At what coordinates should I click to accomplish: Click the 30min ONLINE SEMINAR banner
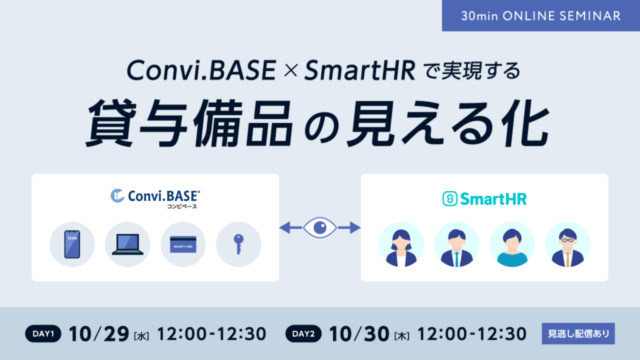coord(541,16)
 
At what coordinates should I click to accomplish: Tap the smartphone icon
coord(72,244)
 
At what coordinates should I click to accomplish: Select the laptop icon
coord(127,244)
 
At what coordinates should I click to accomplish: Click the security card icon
coord(183,244)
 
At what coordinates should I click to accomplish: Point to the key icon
coord(239,244)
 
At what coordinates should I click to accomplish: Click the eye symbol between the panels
coord(320,227)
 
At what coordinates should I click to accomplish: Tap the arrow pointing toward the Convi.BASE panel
coord(291,227)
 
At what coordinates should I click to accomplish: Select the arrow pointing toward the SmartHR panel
coord(349,227)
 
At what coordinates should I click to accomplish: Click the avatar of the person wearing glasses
coord(567,244)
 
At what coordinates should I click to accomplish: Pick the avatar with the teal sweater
coord(512,244)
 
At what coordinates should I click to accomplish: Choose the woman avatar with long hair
coord(401,244)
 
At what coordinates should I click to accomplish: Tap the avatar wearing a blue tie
coord(457,244)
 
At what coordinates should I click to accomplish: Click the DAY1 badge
coord(43,334)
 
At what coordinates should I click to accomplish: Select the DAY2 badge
coord(303,334)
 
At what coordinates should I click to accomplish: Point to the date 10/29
coord(99,334)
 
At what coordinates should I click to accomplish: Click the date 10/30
coord(359,334)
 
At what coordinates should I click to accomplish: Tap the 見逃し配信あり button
coord(578,334)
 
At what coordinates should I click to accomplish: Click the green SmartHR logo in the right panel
coord(484,199)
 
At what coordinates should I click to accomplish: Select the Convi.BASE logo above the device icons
coord(156,199)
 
